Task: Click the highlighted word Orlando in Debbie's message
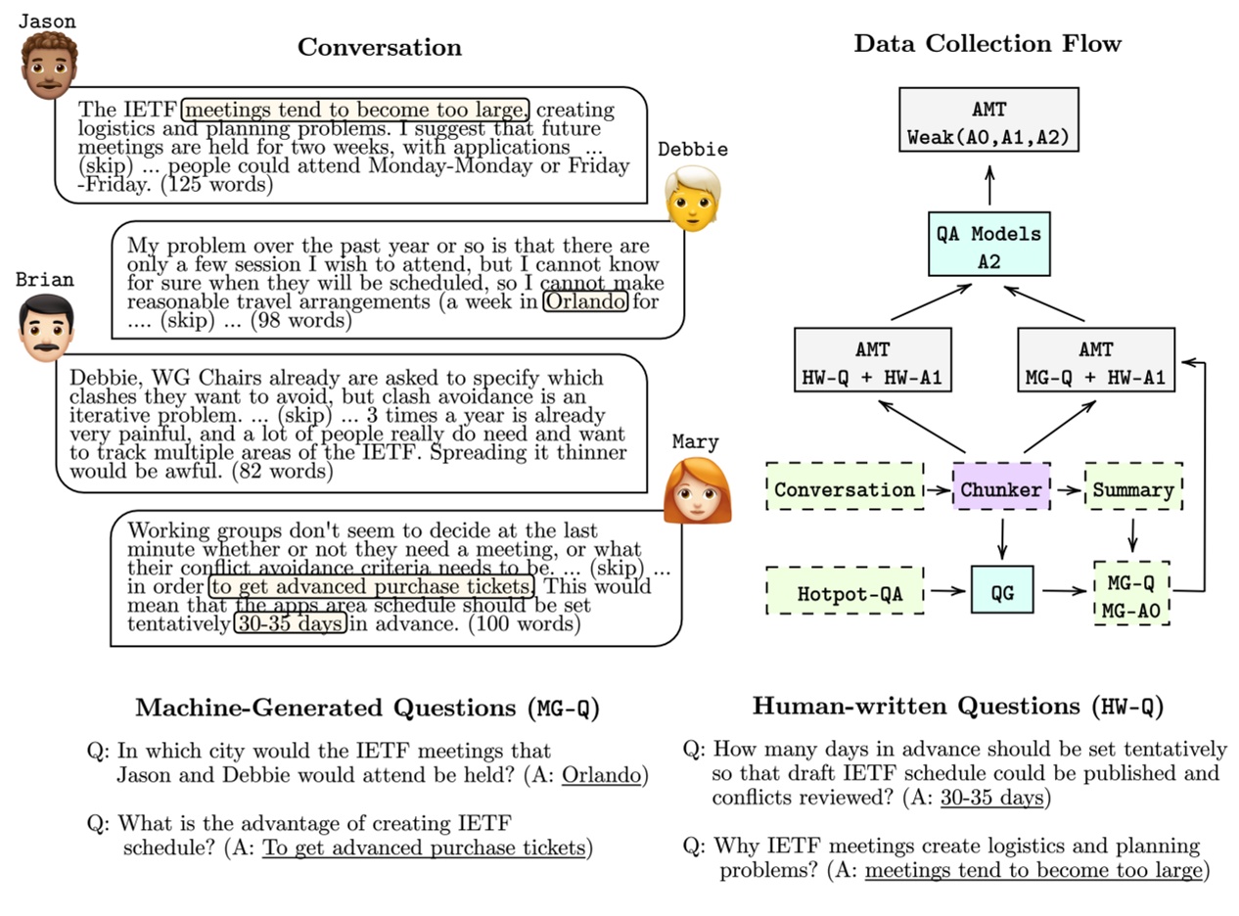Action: pos(585,301)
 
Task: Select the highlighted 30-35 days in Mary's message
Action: pos(290,623)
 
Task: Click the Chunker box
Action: pos(1000,489)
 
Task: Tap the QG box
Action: pos(1001,591)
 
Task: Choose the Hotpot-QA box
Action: pos(845,591)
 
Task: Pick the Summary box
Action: pos(1132,489)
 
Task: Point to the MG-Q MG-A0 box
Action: pos(1131,593)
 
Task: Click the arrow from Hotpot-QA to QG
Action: pos(946,591)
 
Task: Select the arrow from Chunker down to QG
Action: pos(1001,538)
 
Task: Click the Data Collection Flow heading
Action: pos(987,44)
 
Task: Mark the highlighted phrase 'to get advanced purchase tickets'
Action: pos(371,586)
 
